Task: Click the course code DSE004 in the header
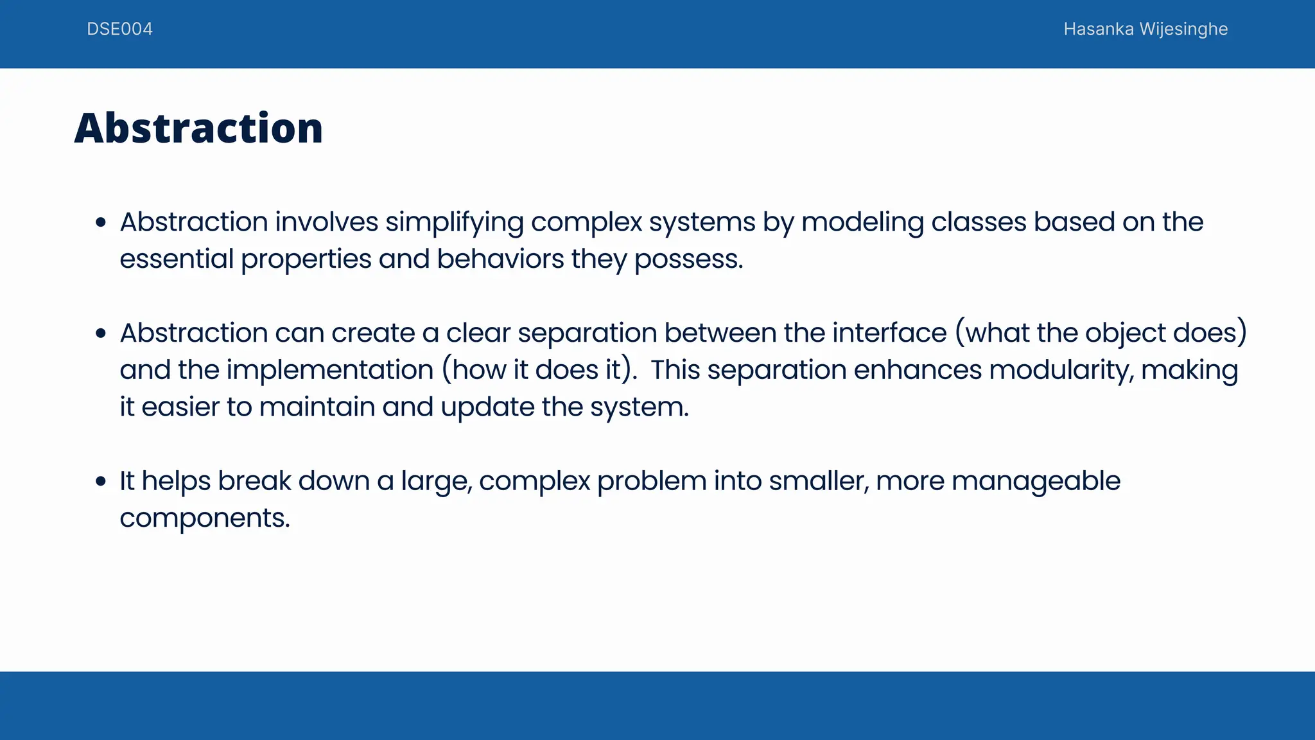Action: click(119, 29)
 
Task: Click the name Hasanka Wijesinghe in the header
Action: click(1145, 29)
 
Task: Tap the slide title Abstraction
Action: click(198, 128)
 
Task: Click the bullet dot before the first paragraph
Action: click(100, 223)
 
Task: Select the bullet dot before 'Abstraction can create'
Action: click(100, 333)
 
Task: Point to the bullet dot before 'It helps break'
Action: click(100, 481)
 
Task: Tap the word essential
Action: click(177, 259)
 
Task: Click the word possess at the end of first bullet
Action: click(686, 260)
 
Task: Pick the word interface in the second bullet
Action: click(889, 333)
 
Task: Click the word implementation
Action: click(330, 370)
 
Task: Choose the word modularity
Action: click(1061, 370)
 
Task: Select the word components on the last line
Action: click(204, 518)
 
